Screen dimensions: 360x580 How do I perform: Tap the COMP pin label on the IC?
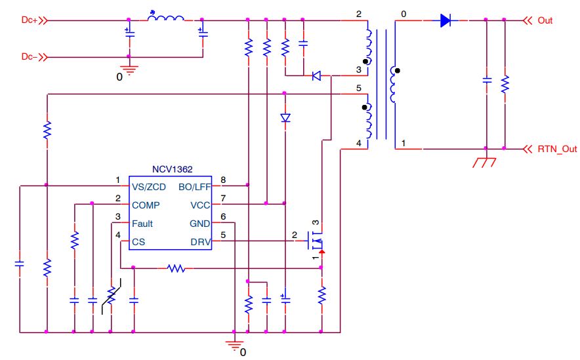(145, 205)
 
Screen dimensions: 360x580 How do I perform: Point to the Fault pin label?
(142, 224)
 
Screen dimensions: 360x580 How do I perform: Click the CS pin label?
(138, 242)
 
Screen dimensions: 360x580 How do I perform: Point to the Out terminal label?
(545, 20)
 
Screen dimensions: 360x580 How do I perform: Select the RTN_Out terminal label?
(556, 149)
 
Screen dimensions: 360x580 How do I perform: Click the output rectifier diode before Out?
(446, 20)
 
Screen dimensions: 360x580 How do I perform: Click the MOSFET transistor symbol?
(317, 242)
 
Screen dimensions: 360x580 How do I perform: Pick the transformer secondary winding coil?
(394, 85)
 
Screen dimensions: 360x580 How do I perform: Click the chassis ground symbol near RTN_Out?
(484, 161)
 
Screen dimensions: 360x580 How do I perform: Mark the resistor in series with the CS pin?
(176, 268)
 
